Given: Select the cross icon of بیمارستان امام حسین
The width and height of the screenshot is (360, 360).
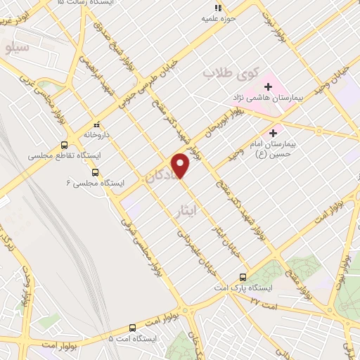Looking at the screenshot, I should point(274,131).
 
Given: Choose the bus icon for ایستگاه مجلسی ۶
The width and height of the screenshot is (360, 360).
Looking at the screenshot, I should point(95,171).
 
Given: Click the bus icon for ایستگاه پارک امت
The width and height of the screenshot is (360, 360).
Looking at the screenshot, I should point(243,276).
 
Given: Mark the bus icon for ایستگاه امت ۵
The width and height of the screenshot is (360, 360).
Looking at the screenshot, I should point(133,327).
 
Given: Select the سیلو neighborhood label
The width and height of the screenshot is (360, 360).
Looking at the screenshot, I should point(16,48).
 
